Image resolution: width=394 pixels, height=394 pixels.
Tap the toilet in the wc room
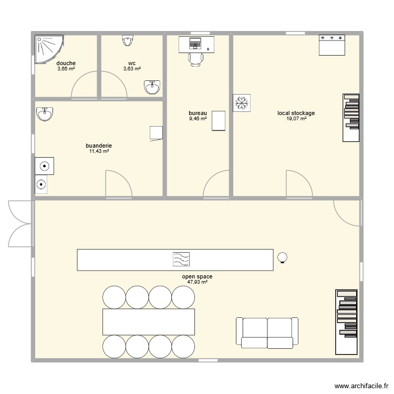128,40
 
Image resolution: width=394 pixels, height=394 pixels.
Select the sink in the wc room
152,88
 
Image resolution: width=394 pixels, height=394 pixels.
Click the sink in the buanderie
45,113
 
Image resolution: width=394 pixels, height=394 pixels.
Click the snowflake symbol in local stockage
242,103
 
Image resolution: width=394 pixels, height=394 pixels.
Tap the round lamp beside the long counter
283,257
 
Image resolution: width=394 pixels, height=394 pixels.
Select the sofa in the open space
267,333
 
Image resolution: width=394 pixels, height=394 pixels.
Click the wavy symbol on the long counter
181,259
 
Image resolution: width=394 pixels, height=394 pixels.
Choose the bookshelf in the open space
347,322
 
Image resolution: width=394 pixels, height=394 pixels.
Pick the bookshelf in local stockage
351,118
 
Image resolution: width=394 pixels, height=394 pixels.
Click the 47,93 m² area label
197,282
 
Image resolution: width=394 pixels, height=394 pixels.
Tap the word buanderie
99,146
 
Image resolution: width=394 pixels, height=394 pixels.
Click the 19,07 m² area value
296,119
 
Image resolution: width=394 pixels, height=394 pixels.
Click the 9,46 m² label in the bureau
198,119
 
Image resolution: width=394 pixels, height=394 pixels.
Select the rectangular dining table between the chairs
149,322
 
